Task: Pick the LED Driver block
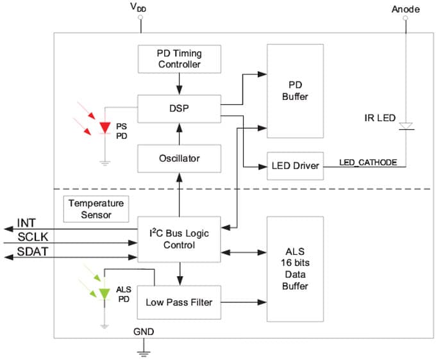[295, 166]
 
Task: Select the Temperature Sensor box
[94, 209]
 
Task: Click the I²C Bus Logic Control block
[178, 238]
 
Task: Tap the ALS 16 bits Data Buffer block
[295, 268]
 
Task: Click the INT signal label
[27, 223]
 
